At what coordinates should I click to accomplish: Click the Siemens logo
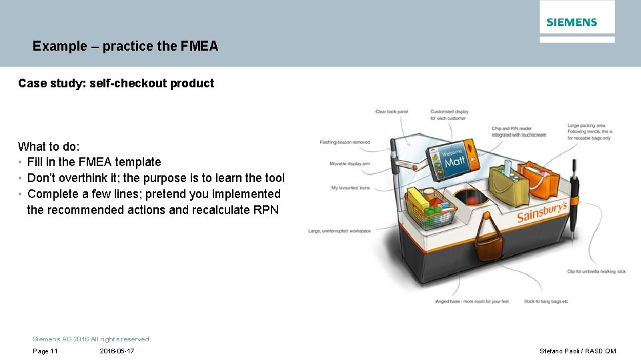(572, 22)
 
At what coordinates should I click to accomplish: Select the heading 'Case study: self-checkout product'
(116, 83)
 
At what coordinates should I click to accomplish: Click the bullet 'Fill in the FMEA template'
(94, 162)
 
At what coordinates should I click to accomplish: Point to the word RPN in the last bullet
(267, 210)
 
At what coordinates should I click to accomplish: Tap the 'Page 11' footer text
(45, 351)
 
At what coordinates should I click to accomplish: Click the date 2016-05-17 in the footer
(117, 351)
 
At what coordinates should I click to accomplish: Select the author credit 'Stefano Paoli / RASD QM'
(578, 351)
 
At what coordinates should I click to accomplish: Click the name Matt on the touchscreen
(455, 162)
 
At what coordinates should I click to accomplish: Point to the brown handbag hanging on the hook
(488, 245)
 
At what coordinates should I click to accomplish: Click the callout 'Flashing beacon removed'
(345, 142)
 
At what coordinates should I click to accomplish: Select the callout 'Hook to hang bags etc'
(546, 301)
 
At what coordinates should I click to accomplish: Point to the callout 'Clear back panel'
(392, 111)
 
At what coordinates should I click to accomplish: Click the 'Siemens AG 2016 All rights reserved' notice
(92, 339)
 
